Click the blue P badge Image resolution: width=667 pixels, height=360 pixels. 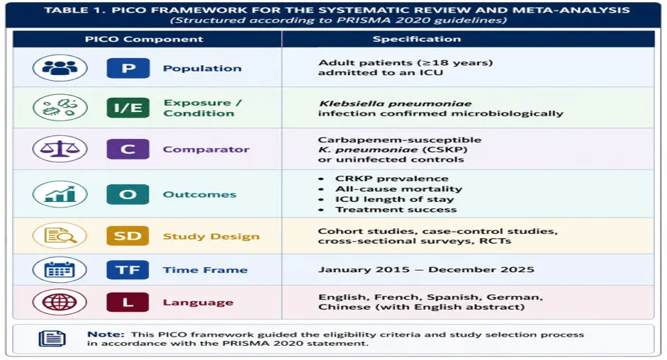coord(128,68)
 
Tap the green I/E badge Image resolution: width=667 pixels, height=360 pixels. coord(128,108)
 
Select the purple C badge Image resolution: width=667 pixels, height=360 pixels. coord(128,149)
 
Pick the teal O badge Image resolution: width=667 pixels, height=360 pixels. coord(128,194)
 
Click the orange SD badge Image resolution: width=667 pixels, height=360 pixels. coord(128,236)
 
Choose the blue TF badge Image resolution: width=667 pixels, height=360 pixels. coord(128,270)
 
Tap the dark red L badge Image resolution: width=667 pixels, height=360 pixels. coord(128,302)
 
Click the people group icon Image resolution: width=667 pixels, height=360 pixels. coord(60,67)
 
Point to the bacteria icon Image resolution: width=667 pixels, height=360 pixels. coord(60,108)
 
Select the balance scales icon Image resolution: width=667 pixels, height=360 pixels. coord(60,149)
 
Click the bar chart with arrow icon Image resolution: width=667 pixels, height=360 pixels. coord(60,194)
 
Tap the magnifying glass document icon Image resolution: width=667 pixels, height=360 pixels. coord(60,235)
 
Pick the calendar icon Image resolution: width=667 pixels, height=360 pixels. coord(60,270)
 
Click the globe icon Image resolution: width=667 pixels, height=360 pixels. coord(60,302)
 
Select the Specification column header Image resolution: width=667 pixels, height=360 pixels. coord(417,39)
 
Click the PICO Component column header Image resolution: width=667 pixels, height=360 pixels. coord(144,39)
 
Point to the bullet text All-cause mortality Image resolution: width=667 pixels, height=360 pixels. coord(398,189)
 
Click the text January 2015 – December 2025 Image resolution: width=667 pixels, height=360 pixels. coord(426,270)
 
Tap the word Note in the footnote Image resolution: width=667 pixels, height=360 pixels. coord(106,334)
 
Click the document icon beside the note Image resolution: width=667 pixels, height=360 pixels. coord(52,339)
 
